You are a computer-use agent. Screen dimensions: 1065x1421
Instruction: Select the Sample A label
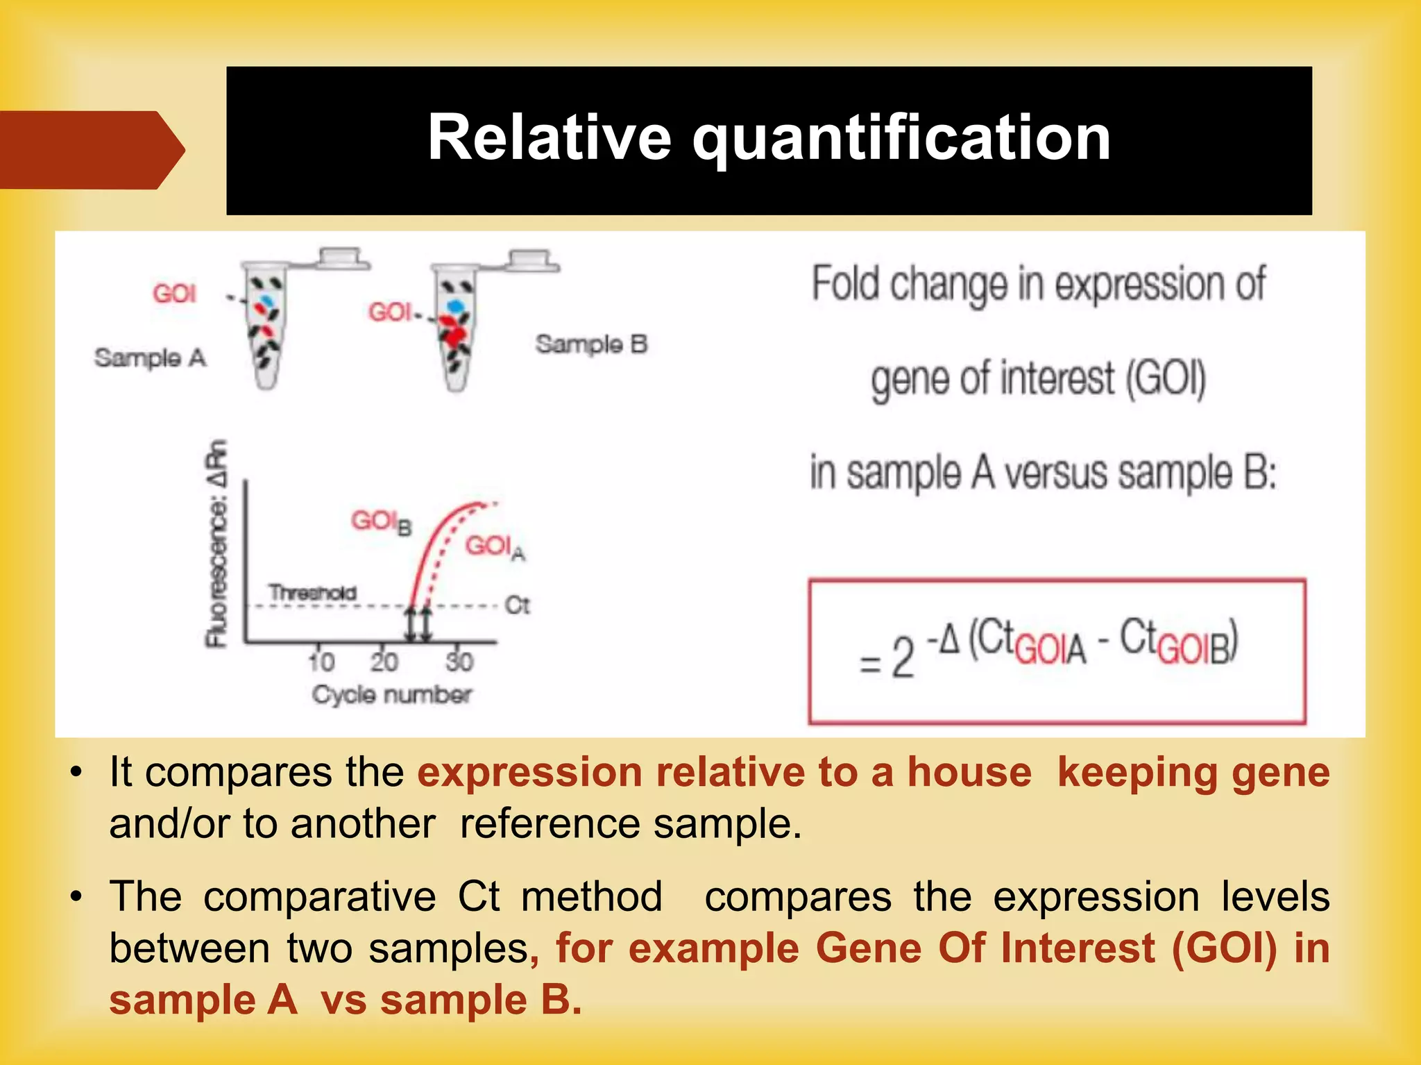pyautogui.click(x=150, y=358)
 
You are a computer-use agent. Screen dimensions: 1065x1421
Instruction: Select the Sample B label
pyautogui.click(x=591, y=344)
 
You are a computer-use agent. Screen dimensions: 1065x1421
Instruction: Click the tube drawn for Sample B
pyautogui.click(x=455, y=330)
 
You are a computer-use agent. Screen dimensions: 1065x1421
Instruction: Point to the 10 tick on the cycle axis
pyautogui.click(x=321, y=662)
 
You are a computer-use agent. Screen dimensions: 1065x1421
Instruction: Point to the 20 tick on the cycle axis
pyautogui.click(x=384, y=662)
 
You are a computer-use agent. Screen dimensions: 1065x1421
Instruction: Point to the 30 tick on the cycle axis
pyautogui.click(x=459, y=662)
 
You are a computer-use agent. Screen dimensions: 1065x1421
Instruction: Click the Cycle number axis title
pyautogui.click(x=391, y=694)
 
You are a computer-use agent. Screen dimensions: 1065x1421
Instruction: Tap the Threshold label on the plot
pyautogui.click(x=312, y=593)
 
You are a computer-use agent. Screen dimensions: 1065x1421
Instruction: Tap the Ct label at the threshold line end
pyautogui.click(x=517, y=605)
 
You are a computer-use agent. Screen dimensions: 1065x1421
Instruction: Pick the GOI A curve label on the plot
pyautogui.click(x=495, y=547)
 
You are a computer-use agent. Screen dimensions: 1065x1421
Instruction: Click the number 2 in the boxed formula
pyautogui.click(x=902, y=657)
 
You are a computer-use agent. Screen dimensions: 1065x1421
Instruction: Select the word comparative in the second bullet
pyautogui.click(x=319, y=896)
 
